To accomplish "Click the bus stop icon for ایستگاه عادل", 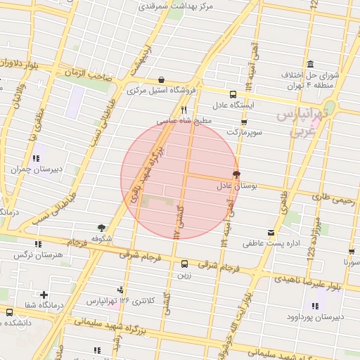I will [233, 94].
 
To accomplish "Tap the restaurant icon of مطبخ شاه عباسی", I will [184, 110].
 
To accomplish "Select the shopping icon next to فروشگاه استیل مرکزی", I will [162, 80].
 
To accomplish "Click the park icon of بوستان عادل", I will [236, 174].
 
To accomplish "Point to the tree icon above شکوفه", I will [103, 228].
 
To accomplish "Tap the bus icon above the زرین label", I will [184, 264].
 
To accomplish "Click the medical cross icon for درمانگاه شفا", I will [44, 295].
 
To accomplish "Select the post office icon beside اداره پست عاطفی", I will [271, 233].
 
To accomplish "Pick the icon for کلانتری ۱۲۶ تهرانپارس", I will [124, 290].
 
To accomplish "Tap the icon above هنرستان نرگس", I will [37, 244].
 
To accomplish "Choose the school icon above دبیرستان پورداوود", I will [314, 305].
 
